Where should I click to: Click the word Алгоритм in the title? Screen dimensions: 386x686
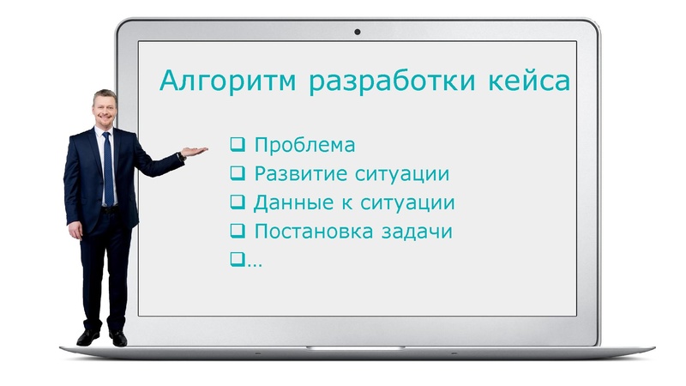[227, 82]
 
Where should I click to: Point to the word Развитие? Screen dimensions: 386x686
[300, 174]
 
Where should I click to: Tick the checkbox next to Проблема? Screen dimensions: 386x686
[238, 144]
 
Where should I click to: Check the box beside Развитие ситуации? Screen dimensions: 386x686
[238, 173]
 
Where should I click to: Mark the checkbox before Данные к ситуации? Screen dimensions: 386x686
[238, 202]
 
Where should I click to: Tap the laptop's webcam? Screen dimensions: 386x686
[357, 32]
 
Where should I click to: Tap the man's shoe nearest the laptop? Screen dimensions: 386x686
[117, 338]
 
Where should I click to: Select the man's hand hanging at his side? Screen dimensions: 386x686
[75, 230]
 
